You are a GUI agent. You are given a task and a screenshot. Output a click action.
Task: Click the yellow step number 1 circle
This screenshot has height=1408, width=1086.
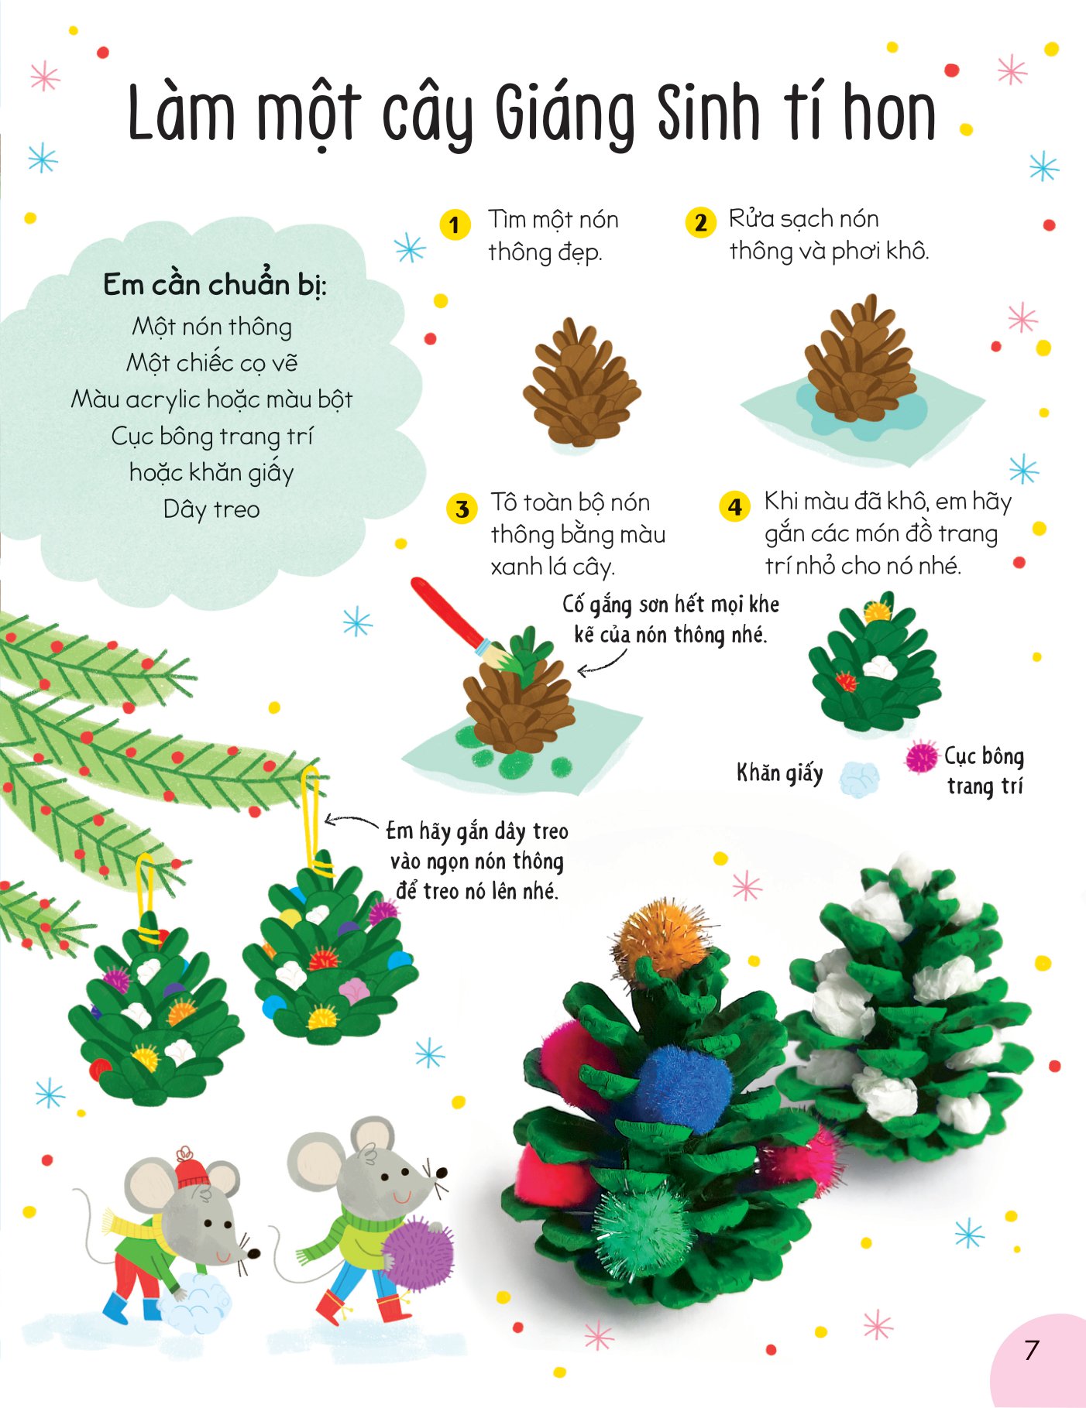(455, 225)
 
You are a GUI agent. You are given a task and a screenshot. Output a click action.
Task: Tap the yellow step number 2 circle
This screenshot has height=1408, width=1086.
(700, 223)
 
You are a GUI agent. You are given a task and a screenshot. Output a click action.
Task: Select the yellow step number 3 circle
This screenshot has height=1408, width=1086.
(462, 509)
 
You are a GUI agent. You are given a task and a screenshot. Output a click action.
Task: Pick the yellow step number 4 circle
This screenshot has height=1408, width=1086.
(734, 507)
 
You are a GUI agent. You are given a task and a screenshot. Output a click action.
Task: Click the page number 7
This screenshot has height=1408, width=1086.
(1031, 1350)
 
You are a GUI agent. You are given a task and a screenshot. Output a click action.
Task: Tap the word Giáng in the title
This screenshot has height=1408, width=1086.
(565, 116)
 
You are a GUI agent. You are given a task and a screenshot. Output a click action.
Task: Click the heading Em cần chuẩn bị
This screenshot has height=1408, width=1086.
(215, 285)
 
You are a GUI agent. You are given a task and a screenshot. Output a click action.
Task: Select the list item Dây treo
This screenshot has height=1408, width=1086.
(211, 509)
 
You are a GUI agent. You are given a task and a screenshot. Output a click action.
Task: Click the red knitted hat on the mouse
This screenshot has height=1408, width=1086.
(191, 1167)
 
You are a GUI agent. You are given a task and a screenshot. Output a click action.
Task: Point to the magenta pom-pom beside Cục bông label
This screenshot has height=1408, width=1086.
(921, 756)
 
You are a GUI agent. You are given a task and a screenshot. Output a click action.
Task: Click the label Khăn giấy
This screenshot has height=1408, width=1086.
(779, 773)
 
